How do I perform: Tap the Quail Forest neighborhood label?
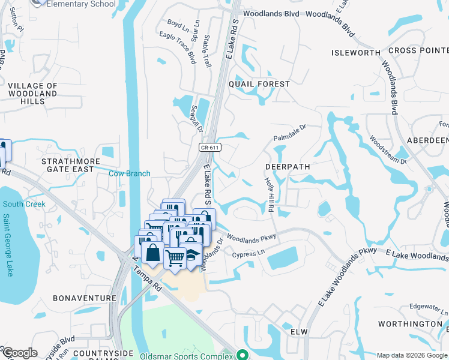[264, 84]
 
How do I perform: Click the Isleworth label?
[355, 53]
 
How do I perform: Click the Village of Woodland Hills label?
[33, 94]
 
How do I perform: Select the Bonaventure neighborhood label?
[84, 298]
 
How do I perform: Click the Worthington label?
[411, 324]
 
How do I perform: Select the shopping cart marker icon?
[175, 259]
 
